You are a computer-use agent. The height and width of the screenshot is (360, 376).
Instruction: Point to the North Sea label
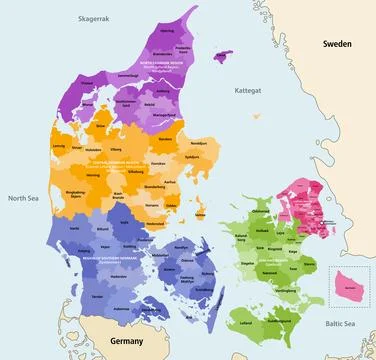click(23, 198)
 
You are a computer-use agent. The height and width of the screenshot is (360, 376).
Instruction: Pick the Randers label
click(166, 138)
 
